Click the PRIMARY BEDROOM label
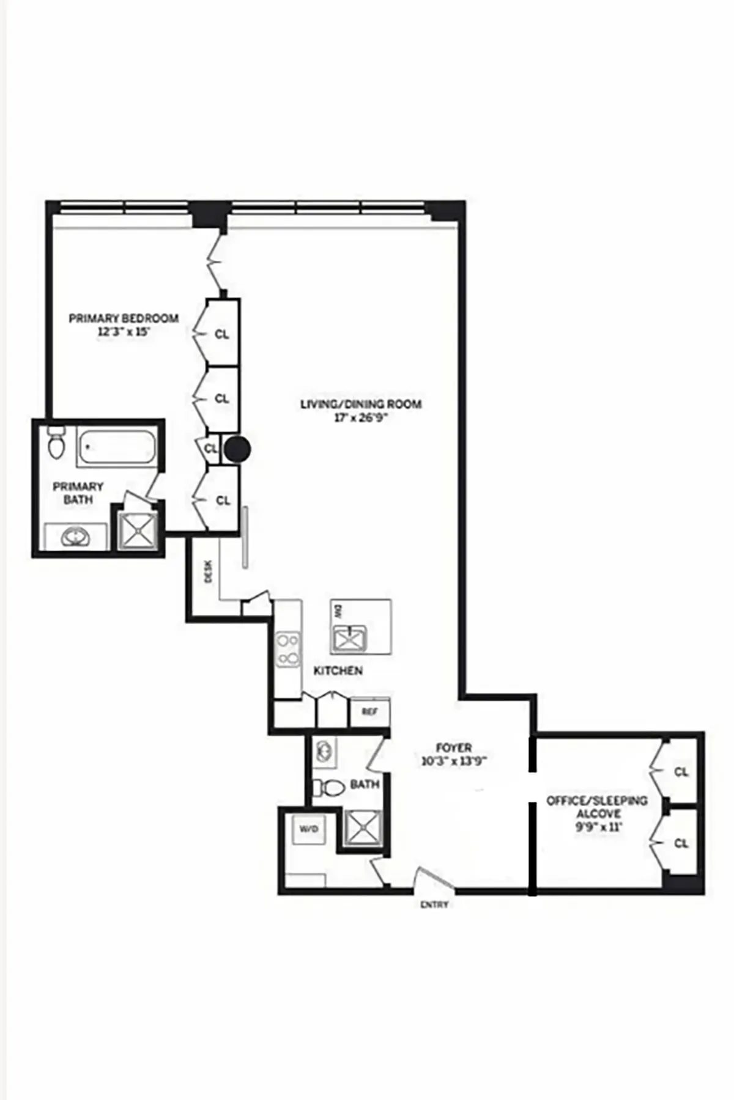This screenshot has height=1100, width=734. tap(124, 318)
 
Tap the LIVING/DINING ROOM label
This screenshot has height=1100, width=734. tap(360, 404)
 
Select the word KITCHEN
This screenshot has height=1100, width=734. tap(338, 670)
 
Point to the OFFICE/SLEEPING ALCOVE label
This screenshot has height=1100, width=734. tap(596, 807)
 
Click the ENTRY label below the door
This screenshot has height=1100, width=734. tap(434, 904)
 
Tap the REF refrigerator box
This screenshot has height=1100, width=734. tap(369, 712)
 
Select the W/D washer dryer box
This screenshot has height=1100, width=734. tap(308, 830)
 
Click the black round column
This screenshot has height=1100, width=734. tap(237, 450)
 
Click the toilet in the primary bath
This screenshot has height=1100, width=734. tap(56, 443)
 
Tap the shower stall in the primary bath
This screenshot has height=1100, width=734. tap(138, 530)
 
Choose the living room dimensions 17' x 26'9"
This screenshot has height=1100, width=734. tap(360, 419)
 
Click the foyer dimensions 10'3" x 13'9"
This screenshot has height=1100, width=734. tap(453, 761)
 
